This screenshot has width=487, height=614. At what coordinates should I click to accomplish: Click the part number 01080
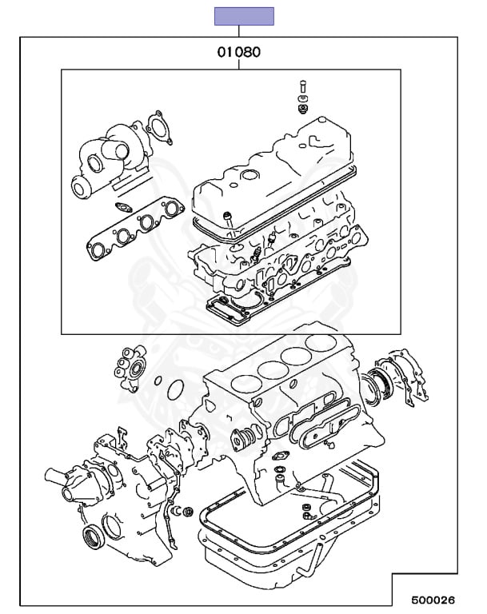pos(238,54)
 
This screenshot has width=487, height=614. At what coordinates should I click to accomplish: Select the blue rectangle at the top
pos(243,16)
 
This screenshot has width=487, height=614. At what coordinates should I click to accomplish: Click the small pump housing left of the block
pos(131,369)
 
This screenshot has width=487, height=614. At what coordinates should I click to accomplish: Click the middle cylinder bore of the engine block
pos(268,371)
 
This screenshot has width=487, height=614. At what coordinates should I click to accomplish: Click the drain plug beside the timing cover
pos(188,512)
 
